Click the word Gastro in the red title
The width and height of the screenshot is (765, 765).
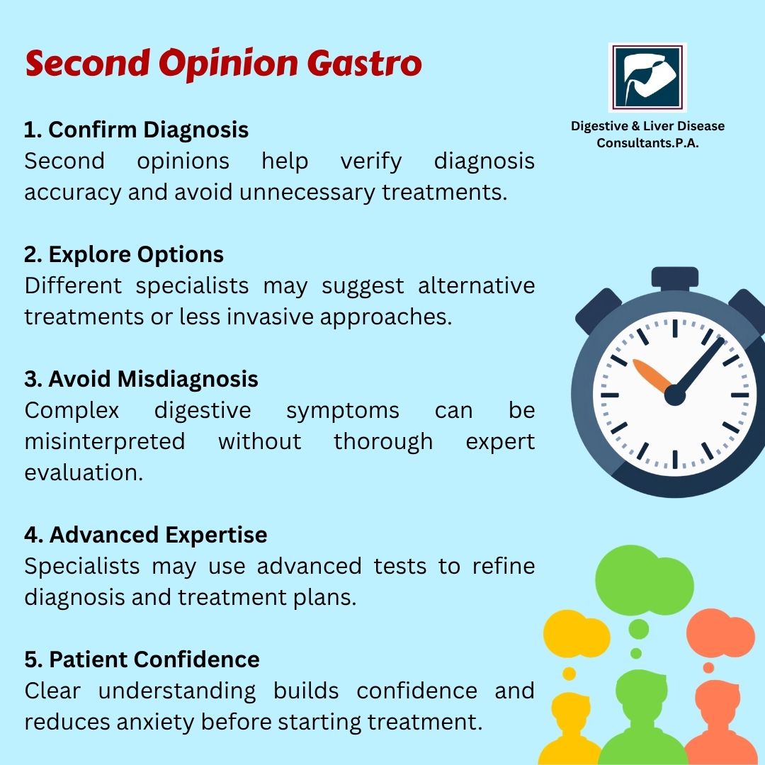364,64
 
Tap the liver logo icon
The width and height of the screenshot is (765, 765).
647,77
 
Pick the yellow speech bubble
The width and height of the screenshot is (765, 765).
577,633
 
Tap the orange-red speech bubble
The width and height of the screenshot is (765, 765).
720,633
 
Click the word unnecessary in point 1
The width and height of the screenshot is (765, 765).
307,192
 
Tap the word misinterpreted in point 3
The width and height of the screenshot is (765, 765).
105,441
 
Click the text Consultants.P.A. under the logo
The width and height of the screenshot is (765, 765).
647,143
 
